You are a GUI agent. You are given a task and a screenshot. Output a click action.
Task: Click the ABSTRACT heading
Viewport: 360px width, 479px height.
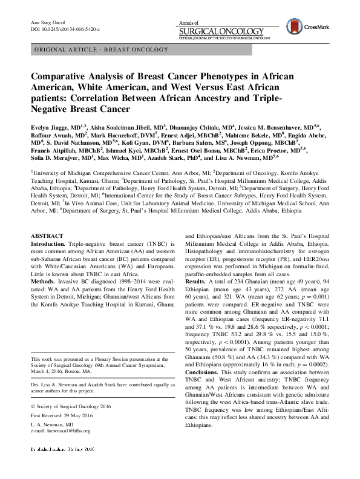pos(48,235)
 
